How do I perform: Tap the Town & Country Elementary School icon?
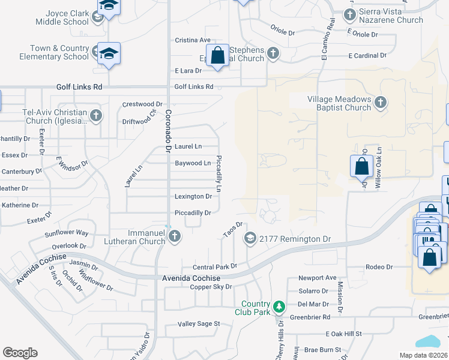pyautogui.click(x=109, y=53)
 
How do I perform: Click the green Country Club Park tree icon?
pyautogui.click(x=279, y=307)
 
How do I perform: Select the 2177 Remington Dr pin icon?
pyautogui.click(x=250, y=238)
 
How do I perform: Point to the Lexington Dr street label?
pyautogui.click(x=193, y=196)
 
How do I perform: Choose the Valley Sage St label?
pyautogui.click(x=199, y=323)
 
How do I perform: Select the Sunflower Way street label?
pyautogui.click(x=70, y=232)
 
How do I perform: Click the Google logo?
pyautogui.click(x=20, y=353)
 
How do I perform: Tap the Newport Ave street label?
pyautogui.click(x=318, y=278)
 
